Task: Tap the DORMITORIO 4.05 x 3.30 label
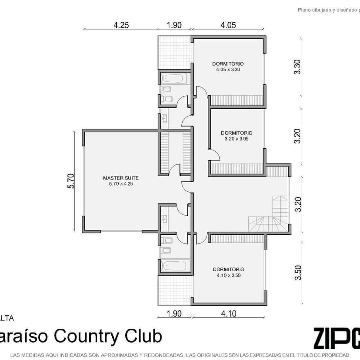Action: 228,67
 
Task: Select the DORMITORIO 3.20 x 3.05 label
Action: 236,136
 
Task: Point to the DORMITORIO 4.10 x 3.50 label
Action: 228,272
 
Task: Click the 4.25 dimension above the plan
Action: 121,25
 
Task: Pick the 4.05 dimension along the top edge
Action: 228,25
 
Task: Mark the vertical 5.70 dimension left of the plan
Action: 71,181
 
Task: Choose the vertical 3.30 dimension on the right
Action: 297,67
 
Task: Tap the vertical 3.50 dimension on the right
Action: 297,273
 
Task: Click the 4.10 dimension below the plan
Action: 229,313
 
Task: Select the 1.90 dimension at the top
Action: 174,25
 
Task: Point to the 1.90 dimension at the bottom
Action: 174,313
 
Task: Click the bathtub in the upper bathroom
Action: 173,79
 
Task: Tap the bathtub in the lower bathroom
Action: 174,266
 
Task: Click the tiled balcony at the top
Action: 174,52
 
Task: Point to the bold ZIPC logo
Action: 336,337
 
